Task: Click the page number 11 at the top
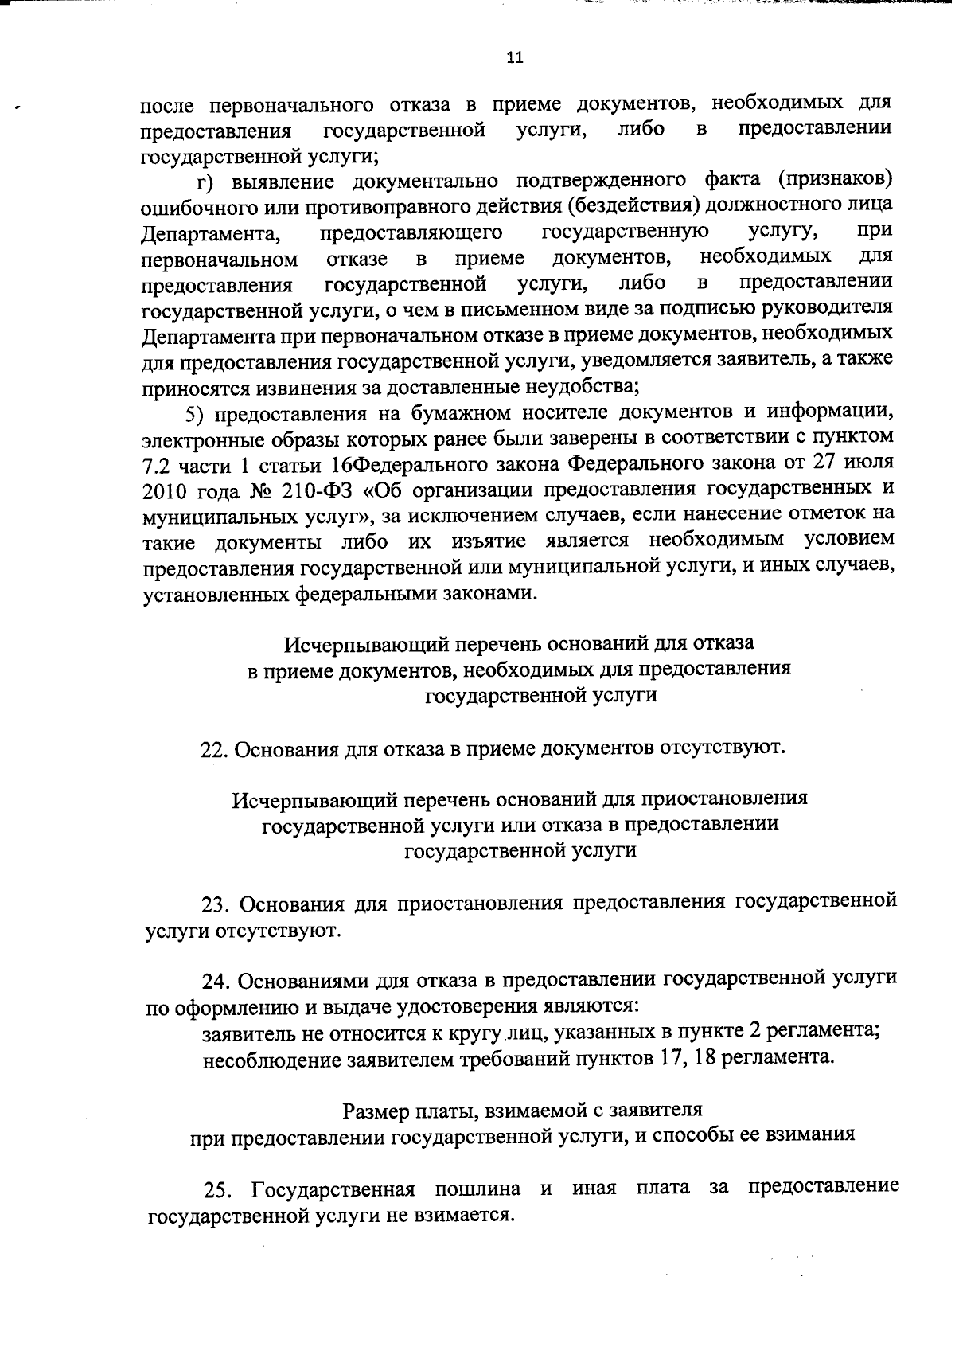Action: click(x=514, y=57)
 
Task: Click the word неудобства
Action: click(x=577, y=388)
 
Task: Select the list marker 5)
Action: click(x=196, y=413)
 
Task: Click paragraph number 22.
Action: click(x=214, y=749)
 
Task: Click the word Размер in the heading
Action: click(x=375, y=1110)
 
